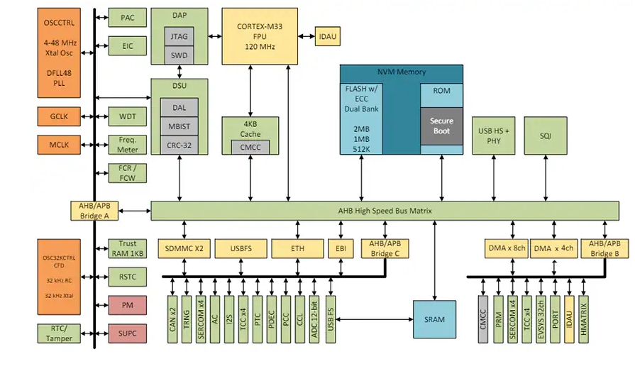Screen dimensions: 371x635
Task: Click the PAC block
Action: point(127,18)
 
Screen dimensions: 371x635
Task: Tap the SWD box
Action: point(179,55)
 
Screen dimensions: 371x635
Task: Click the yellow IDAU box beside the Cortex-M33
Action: point(328,35)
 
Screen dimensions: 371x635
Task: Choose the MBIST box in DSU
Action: point(179,126)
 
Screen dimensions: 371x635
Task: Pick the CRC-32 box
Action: point(179,145)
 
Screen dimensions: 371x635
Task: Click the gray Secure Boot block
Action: point(441,126)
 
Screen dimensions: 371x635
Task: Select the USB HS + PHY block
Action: point(494,135)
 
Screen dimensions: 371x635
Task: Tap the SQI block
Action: point(545,135)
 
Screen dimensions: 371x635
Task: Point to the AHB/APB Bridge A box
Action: point(95,211)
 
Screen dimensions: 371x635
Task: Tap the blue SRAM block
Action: point(434,319)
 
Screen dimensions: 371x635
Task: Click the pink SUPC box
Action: point(127,332)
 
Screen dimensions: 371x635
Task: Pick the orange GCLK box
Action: point(59,116)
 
